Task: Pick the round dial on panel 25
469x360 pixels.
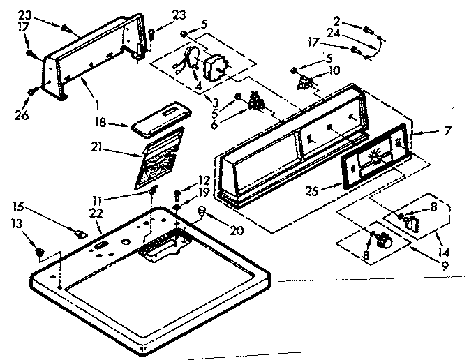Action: pyautogui.click(x=374, y=158)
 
